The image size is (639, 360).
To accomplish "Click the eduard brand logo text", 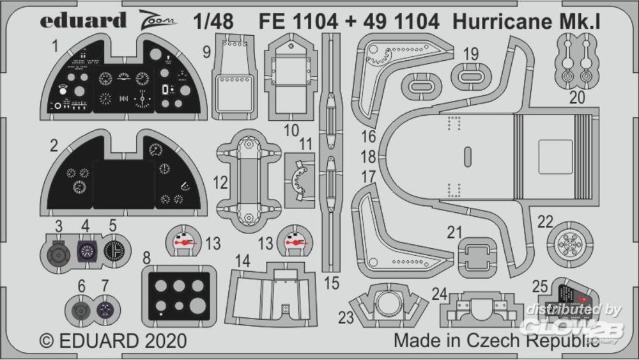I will coord(83,20).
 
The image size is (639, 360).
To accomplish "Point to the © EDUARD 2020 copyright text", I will coord(113,340).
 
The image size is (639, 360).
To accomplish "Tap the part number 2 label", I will coord(54,145).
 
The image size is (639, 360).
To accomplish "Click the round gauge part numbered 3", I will coord(59,251).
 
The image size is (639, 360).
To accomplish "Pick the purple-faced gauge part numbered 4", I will coord(88,251).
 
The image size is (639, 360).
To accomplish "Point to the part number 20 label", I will coord(577,97).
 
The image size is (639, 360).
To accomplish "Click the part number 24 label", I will coord(439,294).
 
